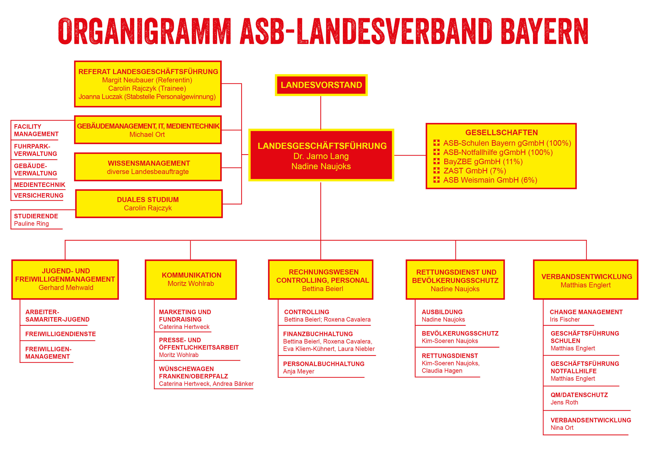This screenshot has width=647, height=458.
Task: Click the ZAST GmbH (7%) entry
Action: click(x=475, y=171)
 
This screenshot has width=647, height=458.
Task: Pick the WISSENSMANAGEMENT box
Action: click(x=148, y=167)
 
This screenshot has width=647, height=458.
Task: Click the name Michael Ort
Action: click(x=147, y=135)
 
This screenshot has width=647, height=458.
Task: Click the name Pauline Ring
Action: click(x=32, y=224)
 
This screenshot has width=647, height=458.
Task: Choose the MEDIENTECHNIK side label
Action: click(x=39, y=185)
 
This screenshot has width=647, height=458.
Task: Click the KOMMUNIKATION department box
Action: click(x=191, y=279)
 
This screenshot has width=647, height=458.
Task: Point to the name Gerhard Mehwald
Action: click(x=66, y=288)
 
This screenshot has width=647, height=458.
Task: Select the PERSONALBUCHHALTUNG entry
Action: click(x=324, y=364)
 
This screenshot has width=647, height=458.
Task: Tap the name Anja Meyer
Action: click(x=299, y=371)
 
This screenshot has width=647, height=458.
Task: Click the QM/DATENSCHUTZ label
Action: click(x=579, y=395)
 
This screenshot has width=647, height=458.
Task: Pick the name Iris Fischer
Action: click(x=565, y=319)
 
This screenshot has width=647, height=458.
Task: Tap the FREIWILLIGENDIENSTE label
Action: click(x=60, y=334)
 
